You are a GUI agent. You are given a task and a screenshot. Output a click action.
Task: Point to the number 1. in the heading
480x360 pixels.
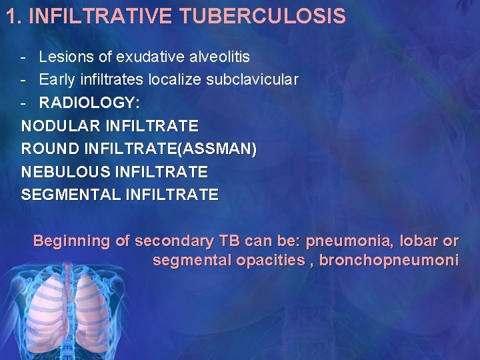(15, 16)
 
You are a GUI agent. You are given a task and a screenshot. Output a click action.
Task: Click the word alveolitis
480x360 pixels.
(215, 57)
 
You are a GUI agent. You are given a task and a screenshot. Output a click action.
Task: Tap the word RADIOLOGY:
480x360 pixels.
(90, 103)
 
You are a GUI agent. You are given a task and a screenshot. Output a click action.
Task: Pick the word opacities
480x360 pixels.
(270, 260)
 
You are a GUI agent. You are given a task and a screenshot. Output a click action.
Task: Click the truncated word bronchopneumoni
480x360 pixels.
(389, 260)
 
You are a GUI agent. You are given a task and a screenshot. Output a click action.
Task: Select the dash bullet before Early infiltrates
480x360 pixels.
(23, 80)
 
